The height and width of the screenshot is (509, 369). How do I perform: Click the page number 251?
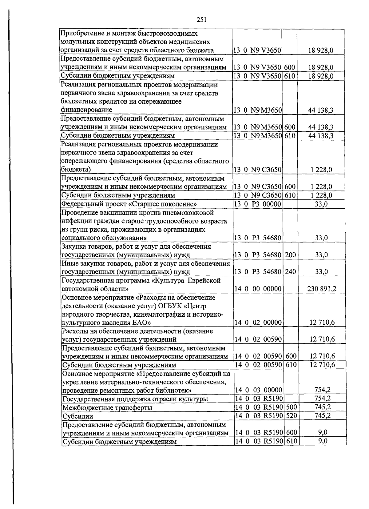tap(201, 20)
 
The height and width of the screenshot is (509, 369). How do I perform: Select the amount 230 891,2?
tap(322, 289)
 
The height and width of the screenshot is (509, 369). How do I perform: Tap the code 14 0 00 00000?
tap(258, 289)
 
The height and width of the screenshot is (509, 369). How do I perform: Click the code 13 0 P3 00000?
tap(258, 204)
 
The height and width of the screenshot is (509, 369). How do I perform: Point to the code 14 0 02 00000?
tap(258, 323)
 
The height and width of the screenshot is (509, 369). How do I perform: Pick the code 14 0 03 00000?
tap(258, 390)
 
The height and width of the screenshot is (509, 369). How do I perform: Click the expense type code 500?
tap(291, 407)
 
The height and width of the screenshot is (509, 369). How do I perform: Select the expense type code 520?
tap(291, 416)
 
